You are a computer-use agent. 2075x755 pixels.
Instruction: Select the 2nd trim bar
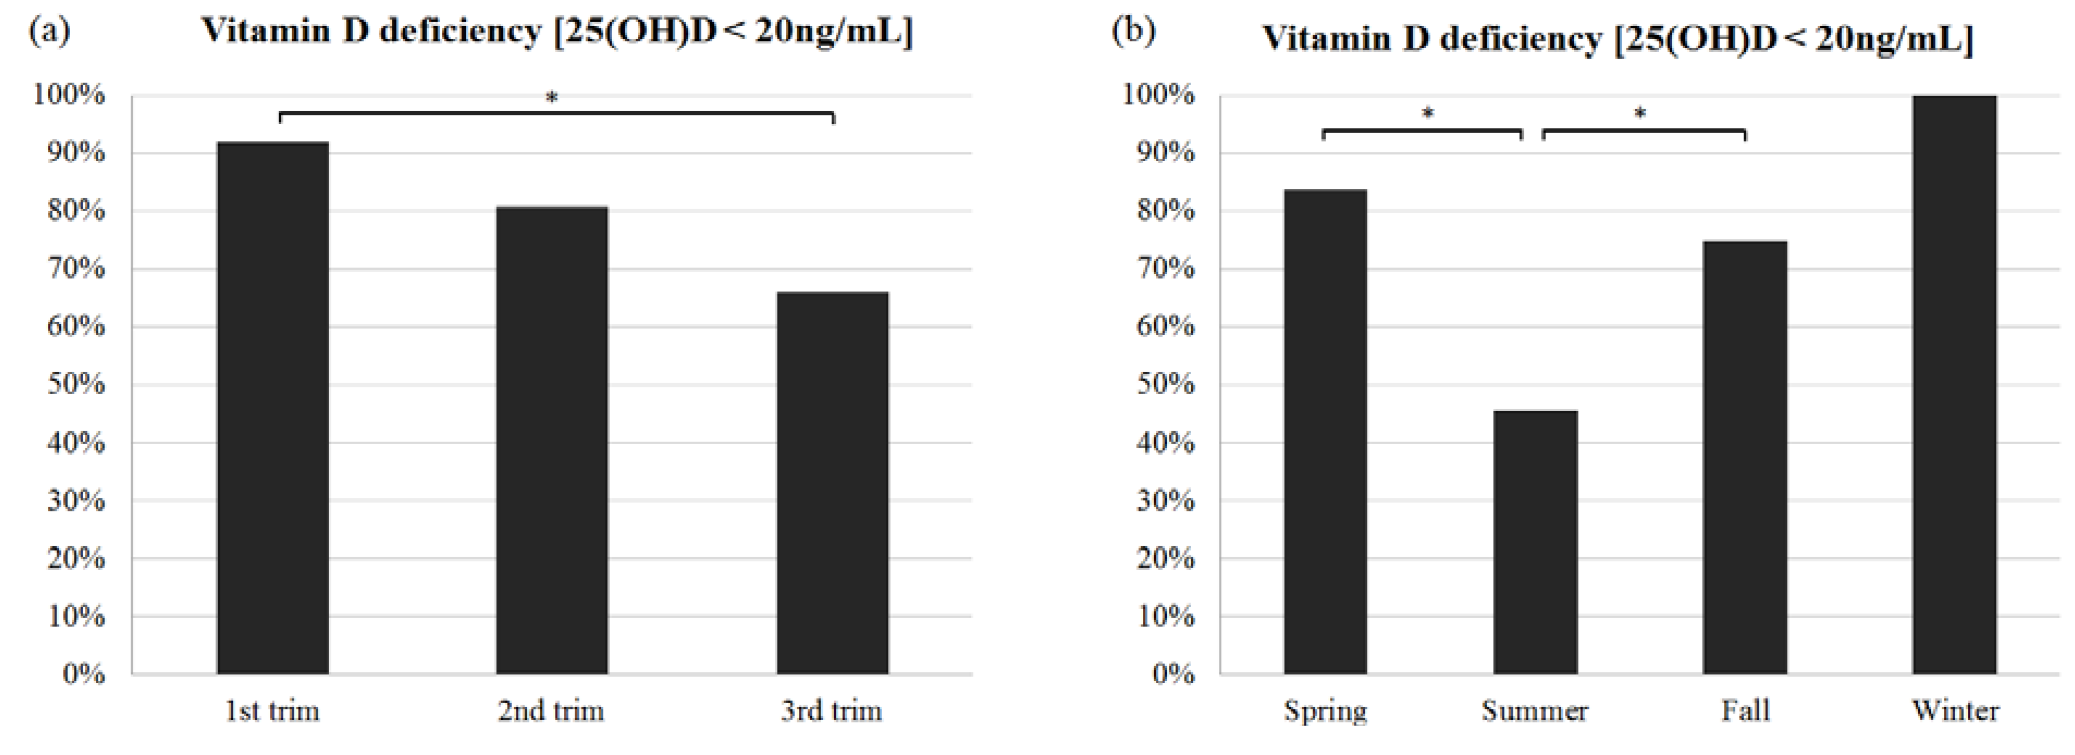tap(552, 440)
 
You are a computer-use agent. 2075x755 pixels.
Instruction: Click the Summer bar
tap(1535, 542)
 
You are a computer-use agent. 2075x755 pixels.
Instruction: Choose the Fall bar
tap(1745, 456)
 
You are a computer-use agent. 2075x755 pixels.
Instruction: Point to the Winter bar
tap(1954, 384)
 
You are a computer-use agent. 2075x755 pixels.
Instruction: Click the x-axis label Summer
tap(1535, 711)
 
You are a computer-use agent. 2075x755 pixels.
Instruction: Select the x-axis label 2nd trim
tap(551, 711)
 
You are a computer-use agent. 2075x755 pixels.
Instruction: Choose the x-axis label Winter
tap(1955, 711)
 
